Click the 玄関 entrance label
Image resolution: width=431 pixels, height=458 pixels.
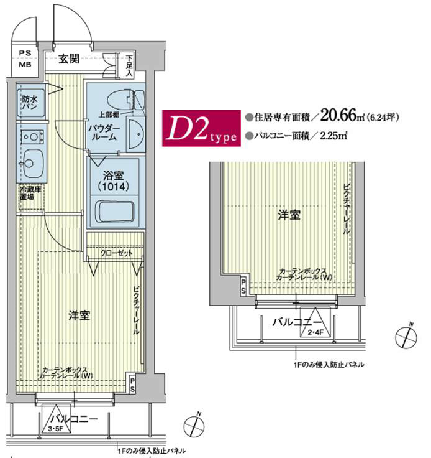pos(69,60)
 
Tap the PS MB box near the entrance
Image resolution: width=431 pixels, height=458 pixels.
pos(26,58)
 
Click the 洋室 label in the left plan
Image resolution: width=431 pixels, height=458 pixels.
pos(79,315)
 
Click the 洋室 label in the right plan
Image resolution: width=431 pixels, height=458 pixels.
pos(289,215)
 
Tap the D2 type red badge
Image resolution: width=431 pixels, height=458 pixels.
pos(200,128)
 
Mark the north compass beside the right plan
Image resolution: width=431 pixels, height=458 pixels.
pos(406,336)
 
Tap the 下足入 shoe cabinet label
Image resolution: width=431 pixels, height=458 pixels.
pos(129,65)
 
